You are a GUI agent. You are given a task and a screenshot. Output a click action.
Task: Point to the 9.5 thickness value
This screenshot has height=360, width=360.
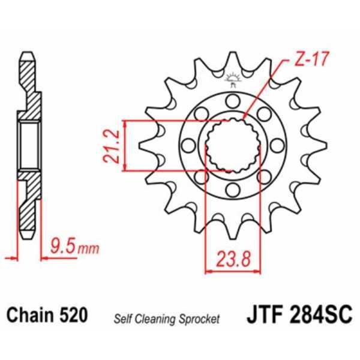tap(59, 245)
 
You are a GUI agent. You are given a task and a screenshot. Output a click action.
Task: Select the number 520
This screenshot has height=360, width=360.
tap(74, 315)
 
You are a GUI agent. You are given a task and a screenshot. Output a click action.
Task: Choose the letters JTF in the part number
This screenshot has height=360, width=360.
tap(265, 315)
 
